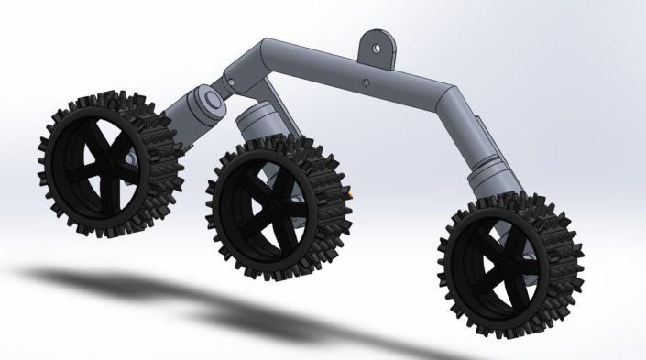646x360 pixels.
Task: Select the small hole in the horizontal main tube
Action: pyautogui.click(x=367, y=83)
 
